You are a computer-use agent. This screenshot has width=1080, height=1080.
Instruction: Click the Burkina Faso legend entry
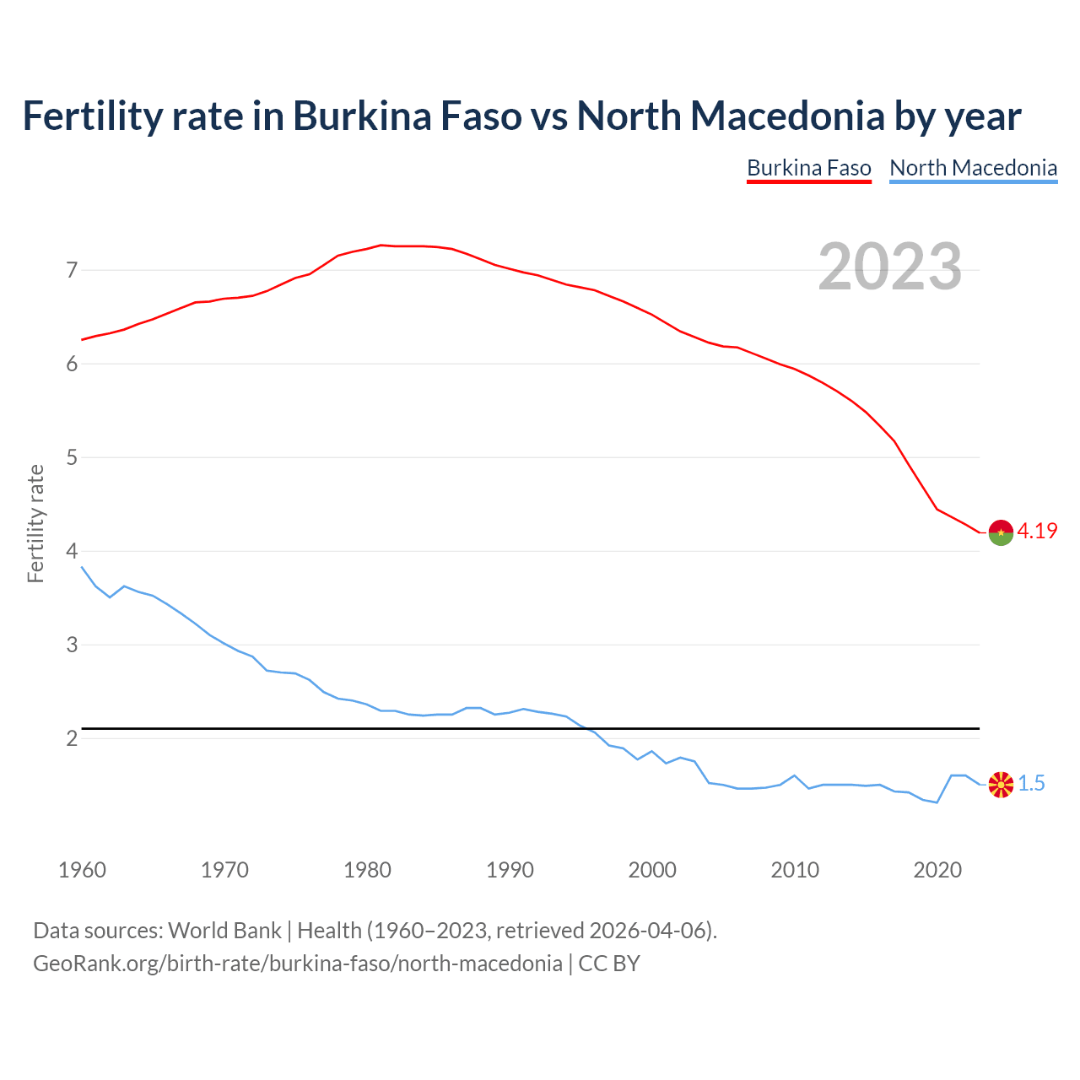808,168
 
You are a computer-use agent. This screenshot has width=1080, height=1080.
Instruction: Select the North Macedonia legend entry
973,168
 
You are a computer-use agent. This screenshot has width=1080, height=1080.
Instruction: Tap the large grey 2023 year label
889,267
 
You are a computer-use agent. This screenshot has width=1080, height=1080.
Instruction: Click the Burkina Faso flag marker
1001,532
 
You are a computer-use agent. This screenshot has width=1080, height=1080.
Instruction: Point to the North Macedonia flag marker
1001,785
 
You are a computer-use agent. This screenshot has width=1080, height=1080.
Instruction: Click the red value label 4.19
1037,531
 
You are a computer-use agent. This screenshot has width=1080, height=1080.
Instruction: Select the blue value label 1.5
1031,784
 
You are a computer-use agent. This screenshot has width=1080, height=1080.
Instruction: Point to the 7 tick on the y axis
72,271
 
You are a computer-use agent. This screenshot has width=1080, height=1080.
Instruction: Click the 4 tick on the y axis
72,551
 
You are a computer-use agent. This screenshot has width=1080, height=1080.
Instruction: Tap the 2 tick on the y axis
72,738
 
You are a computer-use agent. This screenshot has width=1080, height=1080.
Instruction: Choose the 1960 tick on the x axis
82,870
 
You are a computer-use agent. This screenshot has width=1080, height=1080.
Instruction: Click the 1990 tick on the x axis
510,870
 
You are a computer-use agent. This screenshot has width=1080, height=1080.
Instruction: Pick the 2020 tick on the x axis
937,870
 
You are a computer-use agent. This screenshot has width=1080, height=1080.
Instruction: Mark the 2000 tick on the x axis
652,870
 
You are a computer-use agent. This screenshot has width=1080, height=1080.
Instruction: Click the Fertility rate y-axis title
35,523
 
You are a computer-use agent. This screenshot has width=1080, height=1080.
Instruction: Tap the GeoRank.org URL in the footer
297,964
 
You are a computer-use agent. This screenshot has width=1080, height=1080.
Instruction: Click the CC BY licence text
609,964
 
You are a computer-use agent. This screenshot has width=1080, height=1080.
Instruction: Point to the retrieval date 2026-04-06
646,931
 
